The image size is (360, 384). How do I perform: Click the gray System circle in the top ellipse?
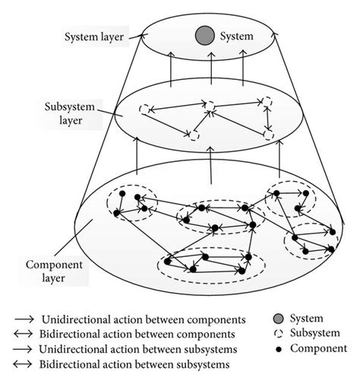tap(202, 35)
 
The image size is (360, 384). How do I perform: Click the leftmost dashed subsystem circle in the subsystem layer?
tap(145, 111)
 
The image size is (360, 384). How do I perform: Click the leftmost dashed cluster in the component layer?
tap(130, 204)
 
